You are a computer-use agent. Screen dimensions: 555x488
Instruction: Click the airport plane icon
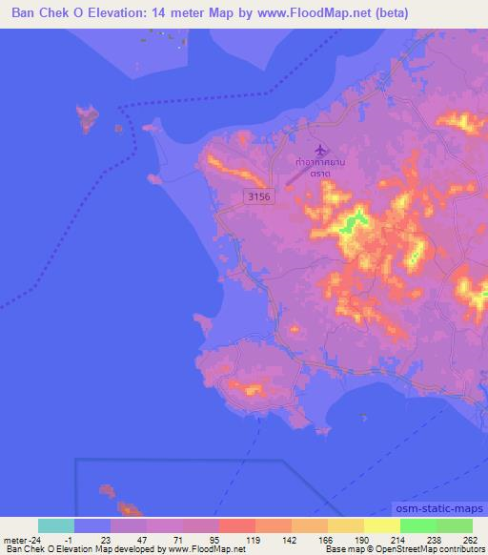318,149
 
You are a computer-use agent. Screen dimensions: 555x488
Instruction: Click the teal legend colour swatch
56,525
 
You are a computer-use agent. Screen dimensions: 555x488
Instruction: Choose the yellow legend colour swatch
382,525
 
